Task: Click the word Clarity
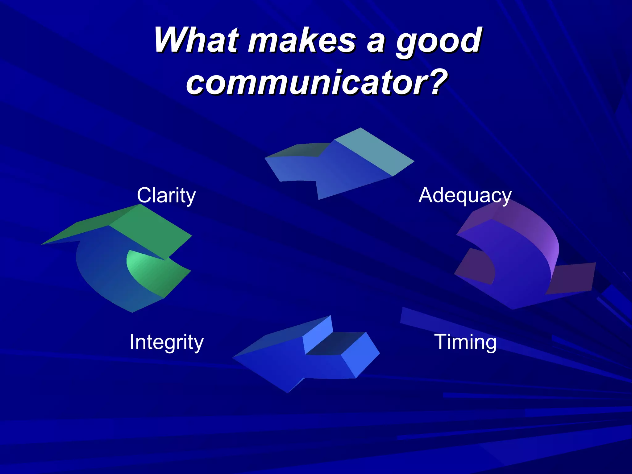click(x=166, y=195)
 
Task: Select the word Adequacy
click(x=465, y=195)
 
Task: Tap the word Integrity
click(x=166, y=342)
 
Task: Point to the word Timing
click(x=465, y=342)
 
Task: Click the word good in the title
click(x=438, y=42)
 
